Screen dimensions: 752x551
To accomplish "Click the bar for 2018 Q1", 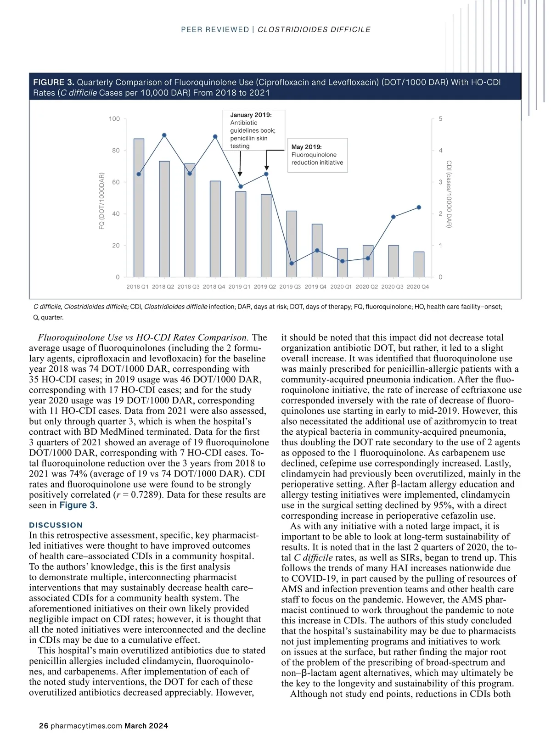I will click(139, 208).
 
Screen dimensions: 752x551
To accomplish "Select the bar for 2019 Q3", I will click(292, 244).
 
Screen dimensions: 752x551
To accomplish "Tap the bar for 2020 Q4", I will click(419, 264).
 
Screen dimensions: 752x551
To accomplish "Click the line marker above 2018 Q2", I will click(164, 135).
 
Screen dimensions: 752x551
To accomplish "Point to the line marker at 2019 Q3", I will click(292, 263).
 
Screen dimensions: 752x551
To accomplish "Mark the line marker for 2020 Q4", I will click(419, 208).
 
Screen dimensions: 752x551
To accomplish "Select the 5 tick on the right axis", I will click(441, 119).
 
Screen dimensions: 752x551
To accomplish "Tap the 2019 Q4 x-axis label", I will click(316, 287).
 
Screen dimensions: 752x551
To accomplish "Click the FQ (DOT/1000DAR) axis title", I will click(102, 201).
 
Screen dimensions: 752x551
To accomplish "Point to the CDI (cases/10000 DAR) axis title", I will click(450, 194).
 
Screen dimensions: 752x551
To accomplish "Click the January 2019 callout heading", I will click(251, 115).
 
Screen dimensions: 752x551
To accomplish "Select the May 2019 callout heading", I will click(306, 147).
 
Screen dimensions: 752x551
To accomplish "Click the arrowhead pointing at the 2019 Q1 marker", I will click(240, 174).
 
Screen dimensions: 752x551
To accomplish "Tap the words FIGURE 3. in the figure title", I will click(53, 83).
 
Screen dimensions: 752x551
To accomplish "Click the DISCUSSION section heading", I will click(56, 525).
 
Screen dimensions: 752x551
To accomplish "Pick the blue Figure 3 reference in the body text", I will click(77, 505).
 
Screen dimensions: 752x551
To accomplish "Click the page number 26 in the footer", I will click(44, 726).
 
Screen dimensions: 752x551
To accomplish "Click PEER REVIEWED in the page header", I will click(215, 30).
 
